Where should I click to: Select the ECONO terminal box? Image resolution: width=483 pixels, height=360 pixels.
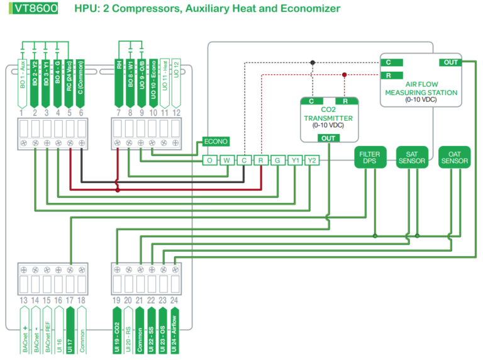(x=214, y=142)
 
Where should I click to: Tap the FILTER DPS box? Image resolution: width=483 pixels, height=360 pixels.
(x=369, y=157)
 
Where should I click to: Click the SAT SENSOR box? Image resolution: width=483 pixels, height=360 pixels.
(x=411, y=157)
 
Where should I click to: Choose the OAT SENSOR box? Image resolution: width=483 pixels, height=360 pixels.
(x=454, y=157)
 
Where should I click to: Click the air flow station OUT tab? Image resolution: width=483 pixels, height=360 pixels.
(x=451, y=62)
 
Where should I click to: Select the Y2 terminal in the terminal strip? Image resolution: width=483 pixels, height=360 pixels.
(x=311, y=160)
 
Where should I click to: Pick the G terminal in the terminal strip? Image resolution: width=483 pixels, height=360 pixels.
(x=277, y=160)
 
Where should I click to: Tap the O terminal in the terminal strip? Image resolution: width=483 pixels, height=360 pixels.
(x=209, y=160)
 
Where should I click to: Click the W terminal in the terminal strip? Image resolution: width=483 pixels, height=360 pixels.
(x=226, y=160)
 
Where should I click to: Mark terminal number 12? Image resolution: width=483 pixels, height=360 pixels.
(x=176, y=113)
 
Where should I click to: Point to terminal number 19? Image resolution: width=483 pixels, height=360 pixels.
(x=116, y=300)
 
